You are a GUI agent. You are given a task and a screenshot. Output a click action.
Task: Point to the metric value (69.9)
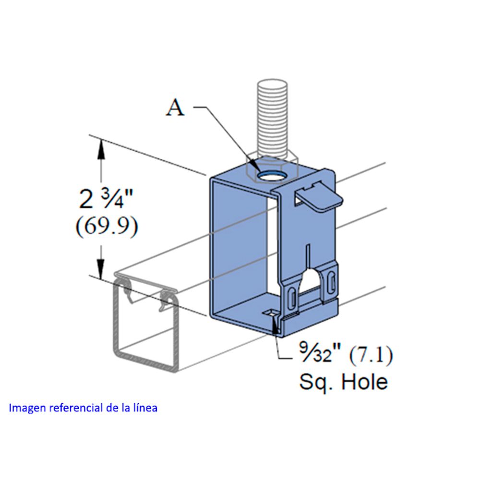tap(107, 226)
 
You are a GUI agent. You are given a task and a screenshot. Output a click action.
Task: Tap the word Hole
tap(364, 382)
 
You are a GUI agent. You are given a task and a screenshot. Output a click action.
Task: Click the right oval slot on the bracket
tap(331, 282)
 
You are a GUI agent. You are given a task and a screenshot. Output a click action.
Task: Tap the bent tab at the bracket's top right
tap(320, 197)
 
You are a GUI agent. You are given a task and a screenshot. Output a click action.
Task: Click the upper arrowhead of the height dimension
tap(101, 146)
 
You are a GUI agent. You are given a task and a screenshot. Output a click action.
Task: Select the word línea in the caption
tap(146, 408)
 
